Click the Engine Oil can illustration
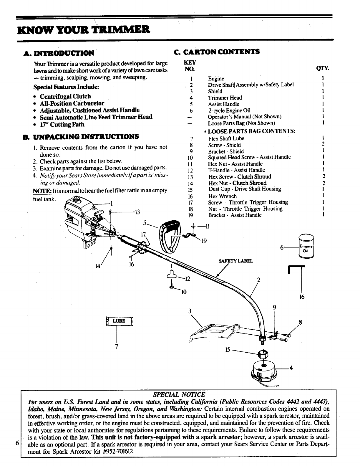[x=306, y=246]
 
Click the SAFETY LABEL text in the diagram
[x=236, y=261]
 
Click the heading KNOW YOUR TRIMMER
[x=84, y=29]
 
